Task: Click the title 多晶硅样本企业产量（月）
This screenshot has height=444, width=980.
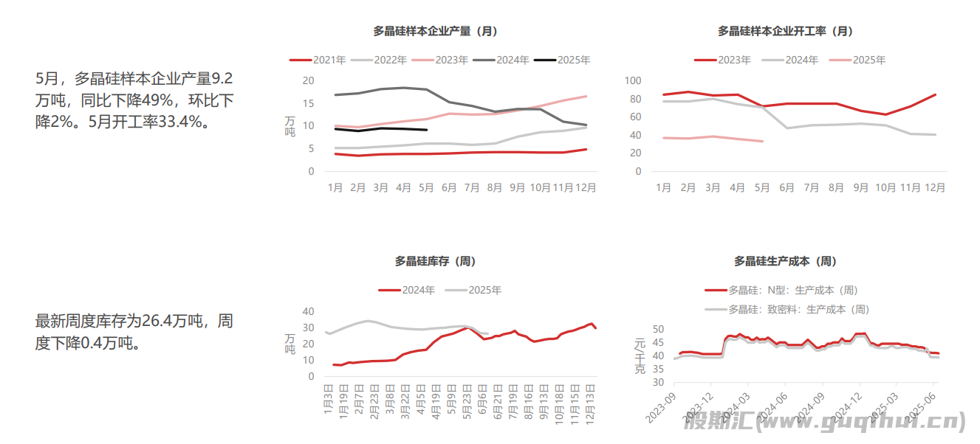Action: coord(435,31)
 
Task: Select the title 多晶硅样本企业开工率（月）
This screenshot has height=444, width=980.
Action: coord(785,31)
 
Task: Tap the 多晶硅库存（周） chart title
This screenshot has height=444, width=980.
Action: coord(435,261)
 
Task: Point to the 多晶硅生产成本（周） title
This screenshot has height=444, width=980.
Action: coord(785,261)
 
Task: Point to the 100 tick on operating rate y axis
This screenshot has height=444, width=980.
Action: coord(633,80)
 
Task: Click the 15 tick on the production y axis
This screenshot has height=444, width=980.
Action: coord(308,103)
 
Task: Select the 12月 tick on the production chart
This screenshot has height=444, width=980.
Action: coord(586,188)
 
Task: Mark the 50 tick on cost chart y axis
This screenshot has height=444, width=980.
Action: coord(657,330)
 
